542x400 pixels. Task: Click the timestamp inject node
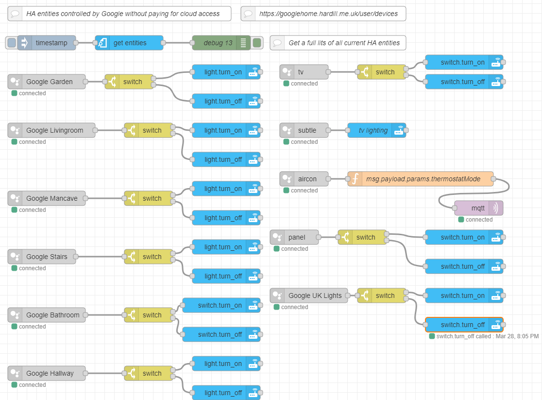pos(51,43)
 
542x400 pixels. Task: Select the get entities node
pos(130,43)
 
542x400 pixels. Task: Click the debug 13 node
pos(218,43)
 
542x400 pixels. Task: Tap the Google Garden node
pos(49,82)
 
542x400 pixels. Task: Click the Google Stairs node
pos(47,257)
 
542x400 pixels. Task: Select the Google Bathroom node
pos(52,315)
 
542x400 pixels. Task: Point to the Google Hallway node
pos(50,373)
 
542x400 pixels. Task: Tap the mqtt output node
pos(478,208)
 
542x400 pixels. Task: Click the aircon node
pos(307,179)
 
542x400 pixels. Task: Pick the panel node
pos(297,237)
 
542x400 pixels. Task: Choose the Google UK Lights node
pos(315,296)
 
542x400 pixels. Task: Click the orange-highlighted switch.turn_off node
pos(462,325)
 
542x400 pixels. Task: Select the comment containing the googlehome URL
pos(328,14)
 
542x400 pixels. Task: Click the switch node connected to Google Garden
pos(132,82)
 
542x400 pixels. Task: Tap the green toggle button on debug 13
pos(257,43)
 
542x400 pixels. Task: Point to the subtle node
pos(307,130)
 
